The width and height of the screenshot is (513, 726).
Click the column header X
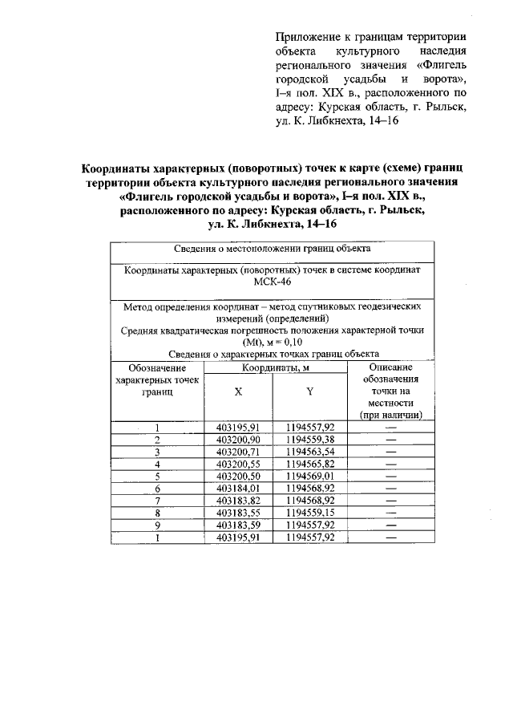238,391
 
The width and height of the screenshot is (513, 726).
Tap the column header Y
309,391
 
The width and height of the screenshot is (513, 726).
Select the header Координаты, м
274,367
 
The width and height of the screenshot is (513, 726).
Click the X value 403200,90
238,440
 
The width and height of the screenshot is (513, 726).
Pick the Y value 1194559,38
309,440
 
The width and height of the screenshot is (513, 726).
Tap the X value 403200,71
238,452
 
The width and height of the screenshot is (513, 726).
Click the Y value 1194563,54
309,452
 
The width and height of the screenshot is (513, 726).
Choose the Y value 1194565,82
309,464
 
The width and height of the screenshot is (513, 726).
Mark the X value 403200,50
238,476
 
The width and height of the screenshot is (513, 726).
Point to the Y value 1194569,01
309,476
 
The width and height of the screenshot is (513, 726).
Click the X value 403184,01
238,488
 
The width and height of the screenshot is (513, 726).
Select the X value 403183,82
238,500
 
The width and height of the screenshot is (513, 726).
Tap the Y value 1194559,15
309,512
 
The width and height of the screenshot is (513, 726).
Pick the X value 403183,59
238,525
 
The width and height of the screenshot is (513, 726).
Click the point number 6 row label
158,488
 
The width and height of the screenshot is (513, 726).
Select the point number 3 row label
158,452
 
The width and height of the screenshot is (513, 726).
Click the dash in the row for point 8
391,512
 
